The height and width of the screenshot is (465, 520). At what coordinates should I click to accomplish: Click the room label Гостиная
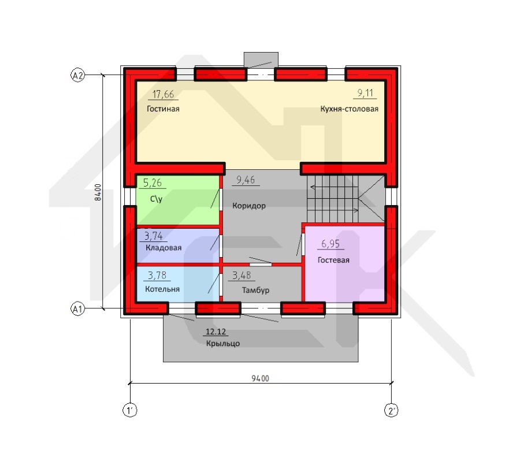click(163, 109)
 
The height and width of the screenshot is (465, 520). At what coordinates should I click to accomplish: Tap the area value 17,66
click(163, 95)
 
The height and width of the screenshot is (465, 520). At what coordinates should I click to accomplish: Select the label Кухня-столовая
click(349, 109)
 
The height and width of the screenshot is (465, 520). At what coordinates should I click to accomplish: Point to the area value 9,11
click(365, 93)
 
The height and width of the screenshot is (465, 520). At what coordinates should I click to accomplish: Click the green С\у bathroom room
click(178, 200)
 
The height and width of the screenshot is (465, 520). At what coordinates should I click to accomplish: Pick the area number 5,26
click(152, 183)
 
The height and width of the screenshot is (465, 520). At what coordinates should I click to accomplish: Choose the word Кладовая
click(164, 248)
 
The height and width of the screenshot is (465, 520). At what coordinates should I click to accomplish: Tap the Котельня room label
click(162, 289)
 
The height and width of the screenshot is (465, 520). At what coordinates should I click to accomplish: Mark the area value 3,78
click(157, 276)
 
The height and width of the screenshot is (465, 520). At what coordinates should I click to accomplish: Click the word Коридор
click(248, 206)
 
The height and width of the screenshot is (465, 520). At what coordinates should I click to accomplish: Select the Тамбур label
click(255, 290)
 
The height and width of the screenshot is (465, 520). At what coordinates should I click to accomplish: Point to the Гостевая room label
click(333, 260)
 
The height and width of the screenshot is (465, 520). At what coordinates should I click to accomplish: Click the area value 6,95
click(330, 244)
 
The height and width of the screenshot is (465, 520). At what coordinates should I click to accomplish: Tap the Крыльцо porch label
click(223, 343)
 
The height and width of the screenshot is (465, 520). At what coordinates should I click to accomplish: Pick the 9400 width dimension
click(261, 378)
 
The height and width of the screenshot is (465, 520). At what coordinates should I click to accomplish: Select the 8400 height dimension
click(98, 192)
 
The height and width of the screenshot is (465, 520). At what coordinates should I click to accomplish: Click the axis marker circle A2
click(77, 76)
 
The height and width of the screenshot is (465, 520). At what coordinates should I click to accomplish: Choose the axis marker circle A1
click(77, 309)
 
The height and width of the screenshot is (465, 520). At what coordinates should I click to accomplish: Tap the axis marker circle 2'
click(391, 411)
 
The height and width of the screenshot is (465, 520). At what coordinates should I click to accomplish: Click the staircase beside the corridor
click(346, 199)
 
